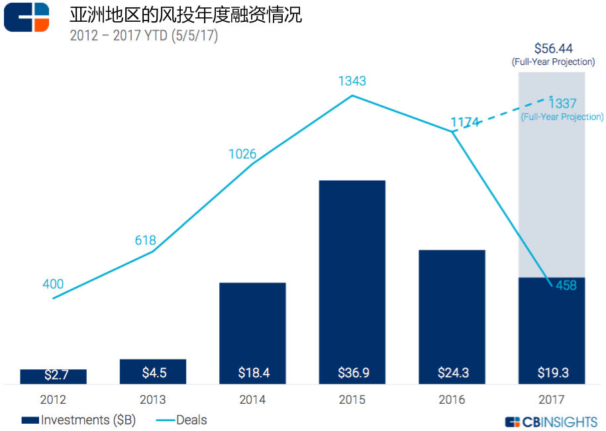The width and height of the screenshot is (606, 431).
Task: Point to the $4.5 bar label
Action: coord(154,373)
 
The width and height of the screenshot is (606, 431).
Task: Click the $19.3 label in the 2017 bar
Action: coord(552,373)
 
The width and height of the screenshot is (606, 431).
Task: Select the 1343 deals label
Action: coord(352,81)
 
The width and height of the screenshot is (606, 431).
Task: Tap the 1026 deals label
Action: coord(242,154)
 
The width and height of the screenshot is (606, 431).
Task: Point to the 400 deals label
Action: coord(52,285)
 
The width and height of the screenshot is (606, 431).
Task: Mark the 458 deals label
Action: coord(566,285)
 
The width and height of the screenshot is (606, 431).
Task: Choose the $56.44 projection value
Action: coord(553,48)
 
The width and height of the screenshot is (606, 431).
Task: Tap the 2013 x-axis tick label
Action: coord(153,400)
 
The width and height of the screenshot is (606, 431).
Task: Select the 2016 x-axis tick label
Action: coord(452,400)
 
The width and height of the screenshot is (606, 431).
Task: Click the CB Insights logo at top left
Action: coord(26,17)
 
